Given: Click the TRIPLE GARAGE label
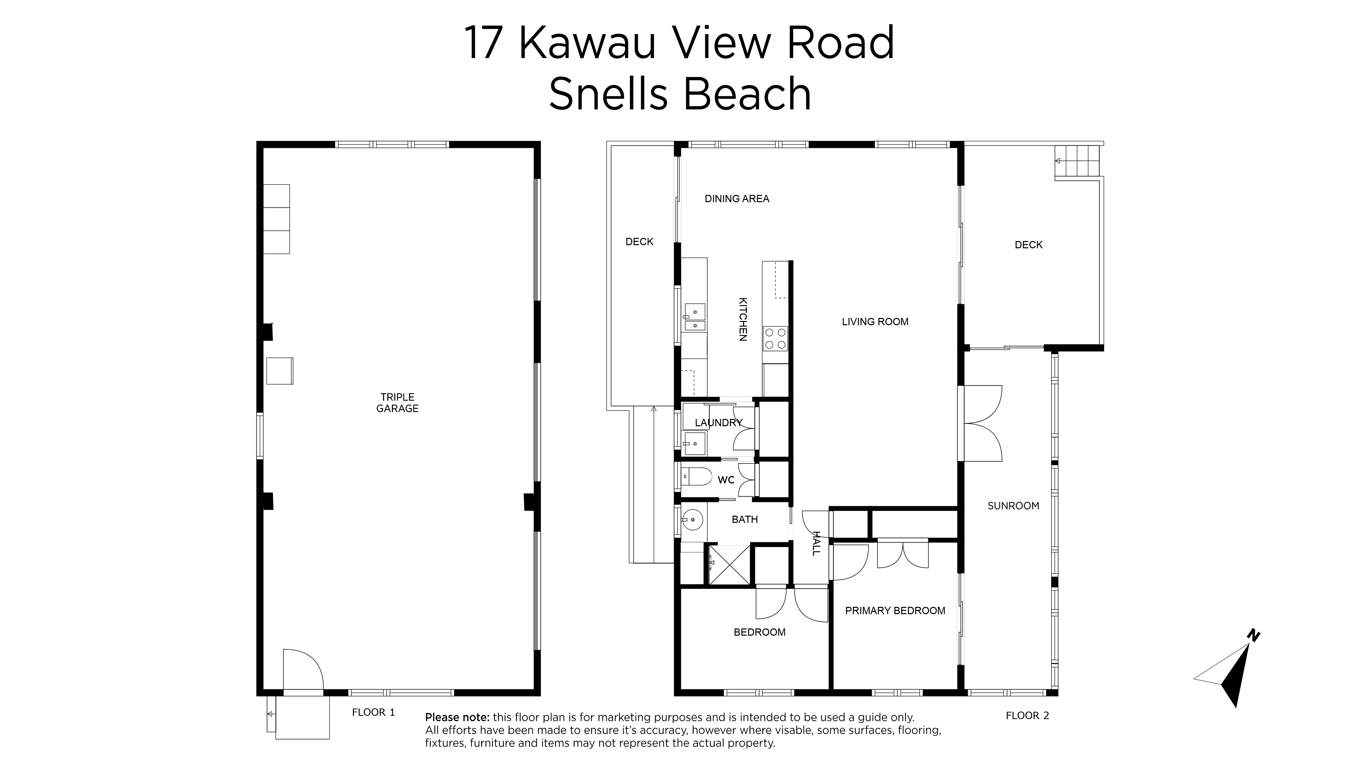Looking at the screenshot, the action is click(397, 403).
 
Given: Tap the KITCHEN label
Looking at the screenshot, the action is click(743, 319).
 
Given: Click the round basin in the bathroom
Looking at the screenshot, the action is click(692, 519).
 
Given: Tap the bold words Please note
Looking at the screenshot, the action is click(457, 717).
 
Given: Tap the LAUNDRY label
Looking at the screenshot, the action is click(718, 423).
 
